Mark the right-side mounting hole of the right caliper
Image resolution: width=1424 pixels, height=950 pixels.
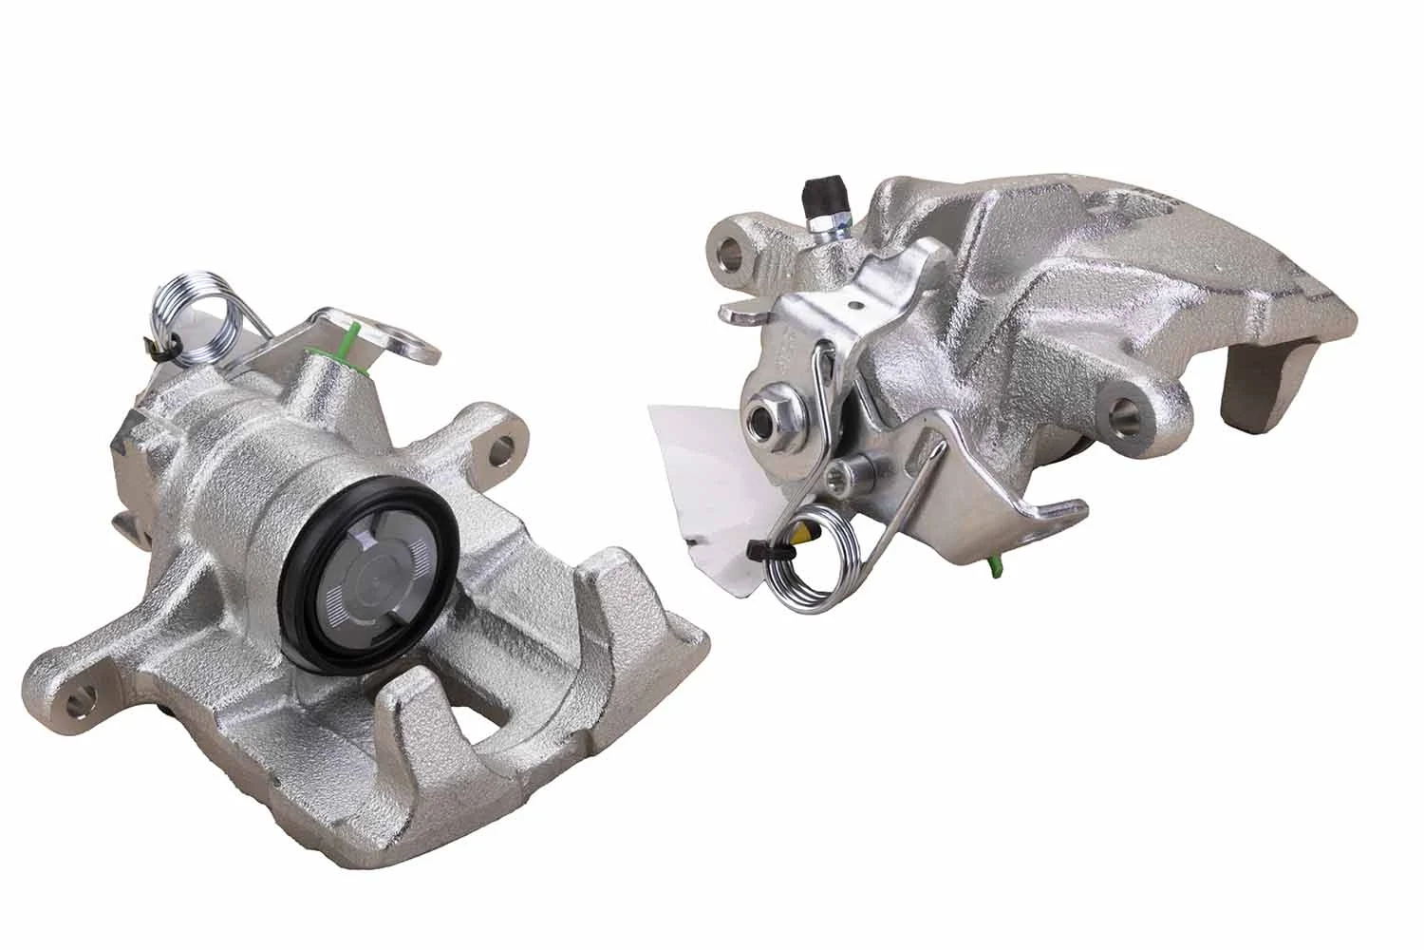(1127, 411)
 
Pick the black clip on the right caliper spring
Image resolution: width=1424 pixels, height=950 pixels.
(758, 551)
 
